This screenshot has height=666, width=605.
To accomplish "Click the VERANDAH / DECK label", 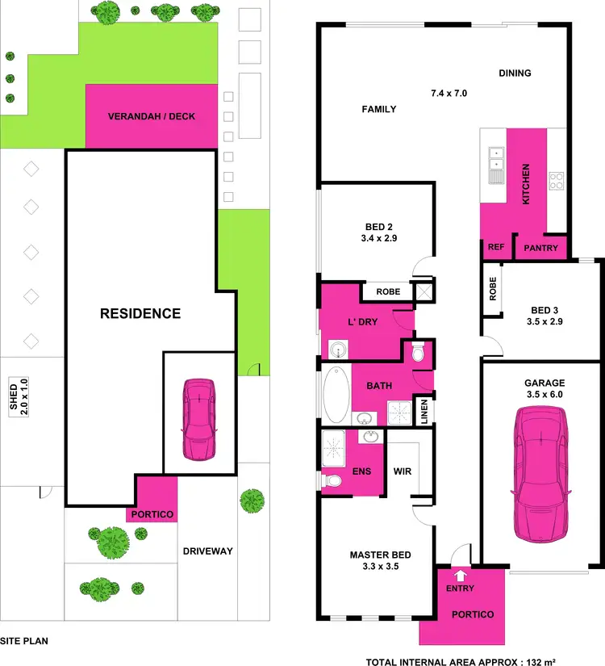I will (x=152, y=116).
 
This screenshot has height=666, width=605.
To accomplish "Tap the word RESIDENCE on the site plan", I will (x=140, y=313).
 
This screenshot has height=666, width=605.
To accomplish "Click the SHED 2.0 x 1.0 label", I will (x=18, y=396).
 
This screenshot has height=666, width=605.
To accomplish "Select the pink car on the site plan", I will (x=198, y=418).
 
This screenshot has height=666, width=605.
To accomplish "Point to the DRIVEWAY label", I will (x=207, y=551).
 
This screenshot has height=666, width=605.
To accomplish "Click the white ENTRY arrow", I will (x=460, y=576).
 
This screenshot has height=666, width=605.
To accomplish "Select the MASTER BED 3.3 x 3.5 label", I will (x=380, y=560).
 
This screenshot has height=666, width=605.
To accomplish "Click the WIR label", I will (x=403, y=470).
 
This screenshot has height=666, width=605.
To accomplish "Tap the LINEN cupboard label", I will (x=423, y=409).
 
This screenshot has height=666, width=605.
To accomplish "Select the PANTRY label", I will (x=540, y=248).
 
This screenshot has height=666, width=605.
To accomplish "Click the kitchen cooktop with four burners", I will (x=557, y=181).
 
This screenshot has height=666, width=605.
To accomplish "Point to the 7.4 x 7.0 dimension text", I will (x=449, y=94).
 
